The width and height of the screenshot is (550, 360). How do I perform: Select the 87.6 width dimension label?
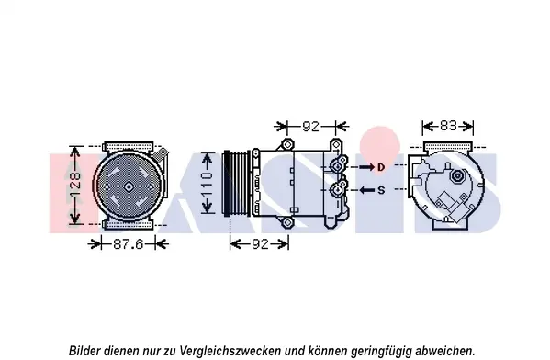click(129, 244)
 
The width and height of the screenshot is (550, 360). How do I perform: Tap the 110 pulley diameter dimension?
click(208, 184)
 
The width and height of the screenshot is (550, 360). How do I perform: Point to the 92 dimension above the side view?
click(310, 126)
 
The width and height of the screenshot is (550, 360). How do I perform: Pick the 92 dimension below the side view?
click(260, 244)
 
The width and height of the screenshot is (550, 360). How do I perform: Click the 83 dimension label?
click(448, 126)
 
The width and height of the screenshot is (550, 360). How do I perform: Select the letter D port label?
click(381, 167)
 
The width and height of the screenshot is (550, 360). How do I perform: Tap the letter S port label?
click(381, 190)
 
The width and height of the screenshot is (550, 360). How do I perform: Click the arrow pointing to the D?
click(366, 167)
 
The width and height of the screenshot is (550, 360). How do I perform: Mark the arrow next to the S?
click(367, 190)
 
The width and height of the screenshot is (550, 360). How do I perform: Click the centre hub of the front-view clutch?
click(129, 187)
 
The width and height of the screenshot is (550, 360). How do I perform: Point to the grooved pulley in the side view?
click(238, 184)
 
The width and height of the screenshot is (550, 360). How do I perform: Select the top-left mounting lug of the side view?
click(287, 144)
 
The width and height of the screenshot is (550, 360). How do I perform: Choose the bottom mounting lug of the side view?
click(287, 222)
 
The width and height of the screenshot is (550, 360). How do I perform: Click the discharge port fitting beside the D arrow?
click(337, 166)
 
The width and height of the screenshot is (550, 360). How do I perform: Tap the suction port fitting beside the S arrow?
click(337, 190)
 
